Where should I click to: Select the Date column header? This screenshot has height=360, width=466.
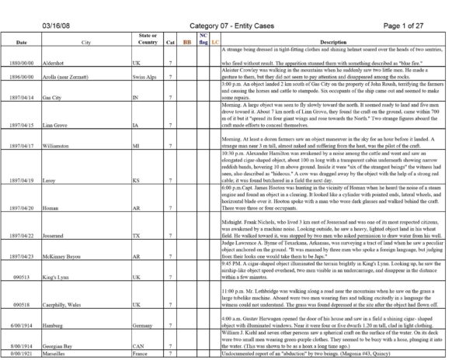22,40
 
